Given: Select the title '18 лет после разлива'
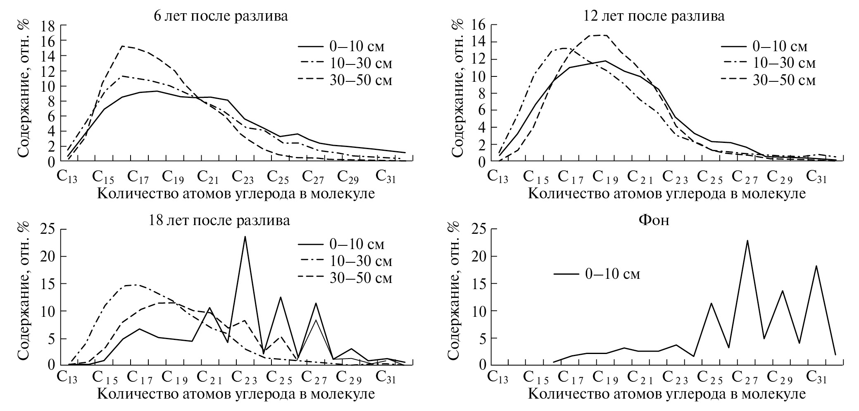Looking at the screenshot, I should pyautogui.click(x=219, y=220).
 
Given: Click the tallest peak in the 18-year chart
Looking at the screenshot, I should pyautogui.click(x=245, y=237).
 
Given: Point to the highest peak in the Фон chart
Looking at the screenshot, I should pyautogui.click(x=747, y=240).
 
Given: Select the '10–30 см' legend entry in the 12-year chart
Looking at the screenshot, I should pyautogui.click(x=769, y=63).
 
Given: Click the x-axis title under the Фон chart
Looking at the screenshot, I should pyautogui.click(x=666, y=394).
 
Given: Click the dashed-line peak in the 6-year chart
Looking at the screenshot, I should pyautogui.click(x=122, y=46).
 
